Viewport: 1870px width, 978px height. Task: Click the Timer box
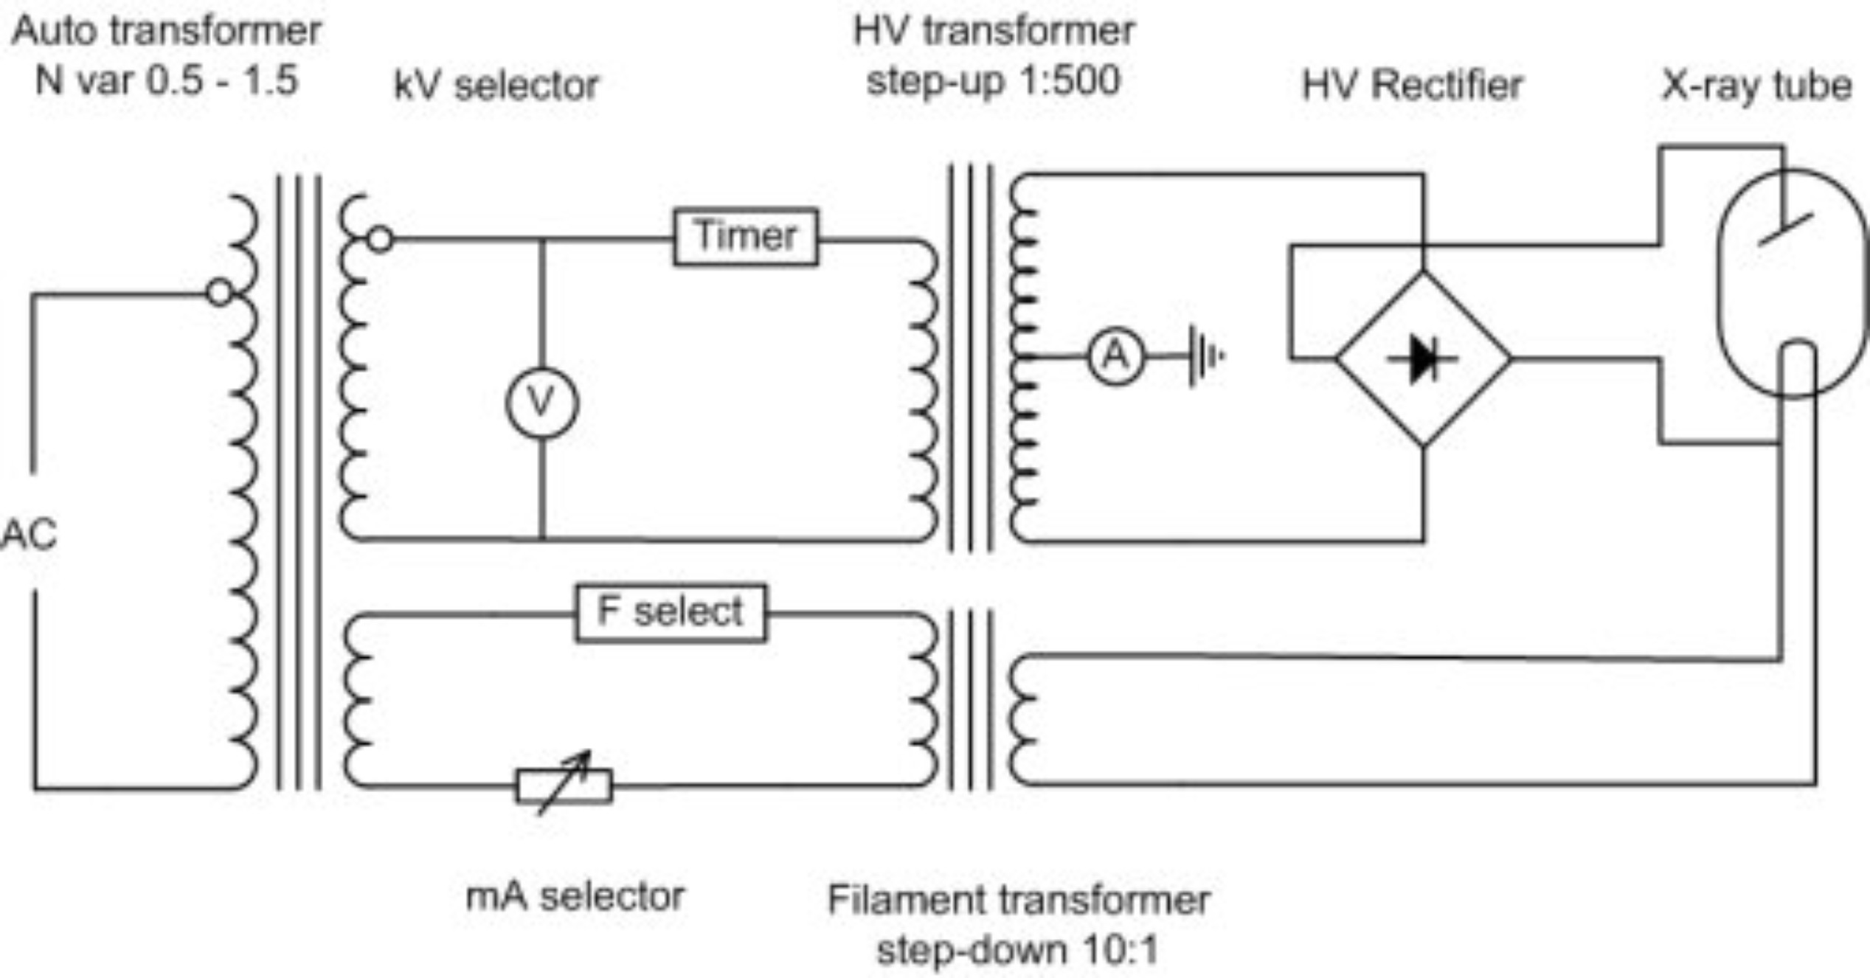pos(745,237)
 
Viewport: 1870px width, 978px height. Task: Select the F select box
pos(671,613)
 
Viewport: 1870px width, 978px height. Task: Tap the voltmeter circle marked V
pos(542,403)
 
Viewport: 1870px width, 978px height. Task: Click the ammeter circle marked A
pos(1116,357)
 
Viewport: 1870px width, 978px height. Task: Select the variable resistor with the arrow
pos(564,785)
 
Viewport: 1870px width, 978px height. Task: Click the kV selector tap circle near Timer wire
pos(380,239)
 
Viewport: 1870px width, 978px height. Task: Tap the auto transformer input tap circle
pos(219,293)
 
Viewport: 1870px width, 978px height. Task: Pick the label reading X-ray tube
pos(1756,86)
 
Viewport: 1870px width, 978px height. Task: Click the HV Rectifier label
pos(1412,85)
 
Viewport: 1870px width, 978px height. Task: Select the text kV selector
pos(496,86)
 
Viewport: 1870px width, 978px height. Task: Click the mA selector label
pos(575,896)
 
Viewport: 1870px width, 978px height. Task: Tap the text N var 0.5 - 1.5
pos(167,80)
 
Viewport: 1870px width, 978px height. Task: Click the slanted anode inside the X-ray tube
pos(1785,229)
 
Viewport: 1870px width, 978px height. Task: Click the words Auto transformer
pos(167,31)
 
